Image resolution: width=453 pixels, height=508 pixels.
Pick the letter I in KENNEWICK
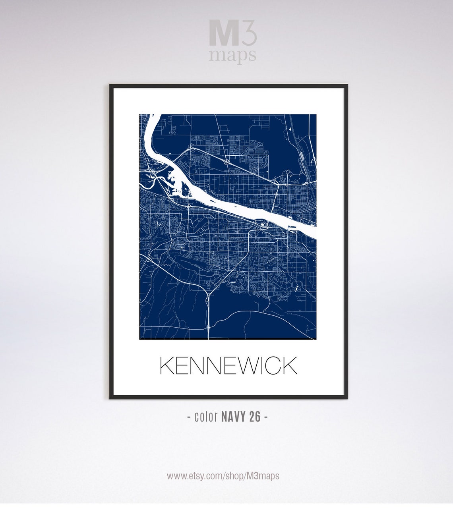(x=258, y=366)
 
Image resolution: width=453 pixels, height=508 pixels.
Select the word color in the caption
(x=206, y=417)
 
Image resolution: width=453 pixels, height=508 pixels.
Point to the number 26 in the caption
(x=255, y=417)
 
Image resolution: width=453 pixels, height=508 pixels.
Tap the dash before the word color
(x=189, y=417)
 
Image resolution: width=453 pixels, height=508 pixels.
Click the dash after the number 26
(x=266, y=417)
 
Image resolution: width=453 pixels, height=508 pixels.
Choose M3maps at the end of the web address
(x=263, y=476)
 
